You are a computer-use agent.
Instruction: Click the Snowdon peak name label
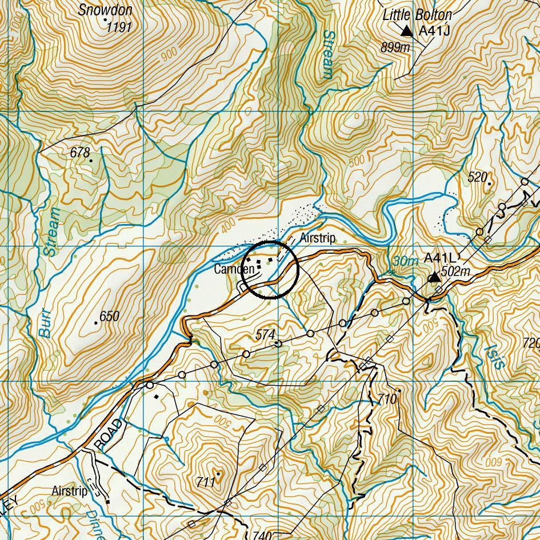coord(105,10)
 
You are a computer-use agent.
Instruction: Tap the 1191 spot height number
coord(119,27)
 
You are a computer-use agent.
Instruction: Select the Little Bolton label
coord(417,15)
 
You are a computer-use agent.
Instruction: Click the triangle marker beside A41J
coord(406,31)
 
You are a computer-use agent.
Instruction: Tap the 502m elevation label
coord(455,272)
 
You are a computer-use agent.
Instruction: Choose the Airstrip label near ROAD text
coord(70,491)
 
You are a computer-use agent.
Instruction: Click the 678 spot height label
coord(80,153)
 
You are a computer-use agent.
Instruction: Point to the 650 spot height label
coord(109,316)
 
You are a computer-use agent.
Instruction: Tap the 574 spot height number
coord(266,335)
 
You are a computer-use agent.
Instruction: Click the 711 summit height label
coord(206,482)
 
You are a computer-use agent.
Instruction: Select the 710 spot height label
coord(387,399)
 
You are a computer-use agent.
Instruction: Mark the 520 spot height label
coord(477,177)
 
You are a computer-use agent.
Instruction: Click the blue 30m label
coord(405,261)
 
